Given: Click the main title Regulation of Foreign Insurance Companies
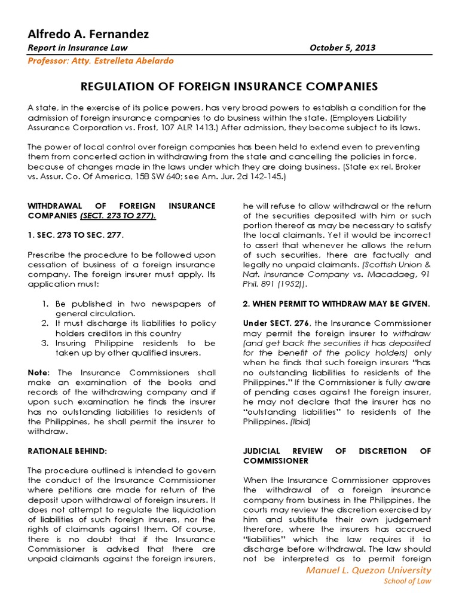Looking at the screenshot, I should pos(229,87).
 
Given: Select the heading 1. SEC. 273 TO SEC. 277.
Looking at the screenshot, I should pos(76,235).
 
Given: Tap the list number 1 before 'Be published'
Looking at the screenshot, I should pos(45,304).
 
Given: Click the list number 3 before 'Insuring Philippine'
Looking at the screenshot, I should pos(45,343).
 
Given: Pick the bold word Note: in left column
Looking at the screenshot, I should pos(40,372).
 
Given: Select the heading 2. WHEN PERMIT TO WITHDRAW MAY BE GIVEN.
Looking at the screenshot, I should pos(336,304).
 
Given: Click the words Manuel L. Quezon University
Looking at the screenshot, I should pos(368,570).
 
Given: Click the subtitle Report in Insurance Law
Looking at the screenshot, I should pos(78,48).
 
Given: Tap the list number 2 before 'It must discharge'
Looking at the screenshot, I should pos(45,323).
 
